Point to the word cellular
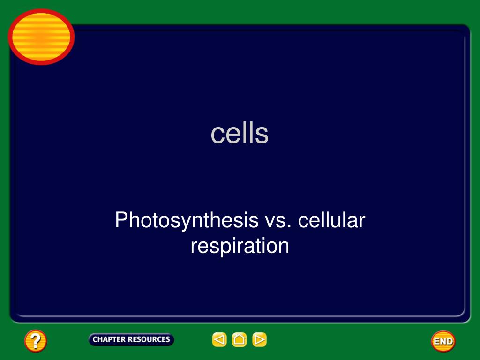click(331, 220)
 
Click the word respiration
click(240, 246)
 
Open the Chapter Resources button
click(131, 339)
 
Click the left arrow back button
click(219, 339)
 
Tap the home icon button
click(239, 339)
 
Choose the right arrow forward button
click(259, 339)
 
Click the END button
click(443, 341)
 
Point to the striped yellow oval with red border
click(41, 37)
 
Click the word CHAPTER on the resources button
click(109, 339)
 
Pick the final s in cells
click(263, 135)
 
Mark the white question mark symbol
click(36, 341)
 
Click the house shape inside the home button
click(239, 339)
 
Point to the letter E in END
click(436, 341)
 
